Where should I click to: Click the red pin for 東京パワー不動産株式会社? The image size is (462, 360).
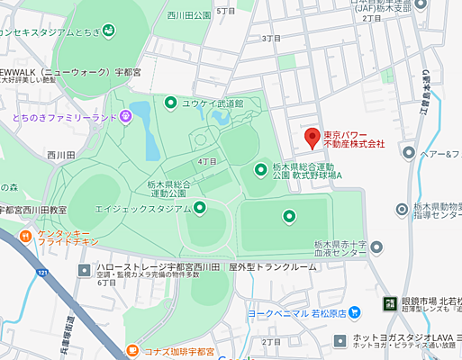313,138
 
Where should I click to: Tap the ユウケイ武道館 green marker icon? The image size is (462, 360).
171,103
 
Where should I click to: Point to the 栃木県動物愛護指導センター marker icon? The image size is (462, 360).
403,209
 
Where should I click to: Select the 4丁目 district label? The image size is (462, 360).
207,161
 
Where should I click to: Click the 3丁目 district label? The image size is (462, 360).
270,39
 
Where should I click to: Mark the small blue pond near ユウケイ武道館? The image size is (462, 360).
140,112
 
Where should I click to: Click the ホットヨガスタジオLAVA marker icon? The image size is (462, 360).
340,340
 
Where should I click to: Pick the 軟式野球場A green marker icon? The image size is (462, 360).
260,167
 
